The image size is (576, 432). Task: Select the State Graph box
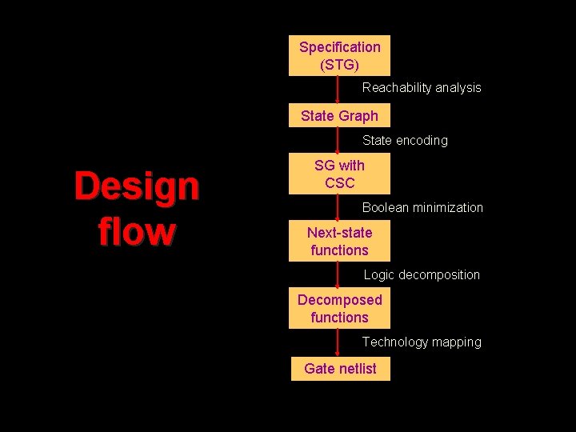click(x=339, y=116)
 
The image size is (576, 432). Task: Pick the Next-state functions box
click(x=339, y=242)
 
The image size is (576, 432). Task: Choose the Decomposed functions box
click(x=339, y=309)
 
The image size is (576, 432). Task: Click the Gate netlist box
click(x=340, y=369)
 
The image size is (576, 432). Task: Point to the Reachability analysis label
click(x=422, y=88)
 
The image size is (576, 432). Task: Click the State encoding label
click(x=405, y=141)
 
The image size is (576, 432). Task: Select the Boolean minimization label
click(x=422, y=208)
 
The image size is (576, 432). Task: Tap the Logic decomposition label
click(x=422, y=275)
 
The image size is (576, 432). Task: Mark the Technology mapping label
click(x=422, y=342)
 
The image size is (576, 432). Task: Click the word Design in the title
click(x=136, y=186)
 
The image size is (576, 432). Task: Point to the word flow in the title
click(x=136, y=232)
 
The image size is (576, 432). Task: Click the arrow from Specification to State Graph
click(x=339, y=90)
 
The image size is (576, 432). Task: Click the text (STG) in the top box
click(x=339, y=64)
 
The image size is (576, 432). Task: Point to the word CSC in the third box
click(x=339, y=183)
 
